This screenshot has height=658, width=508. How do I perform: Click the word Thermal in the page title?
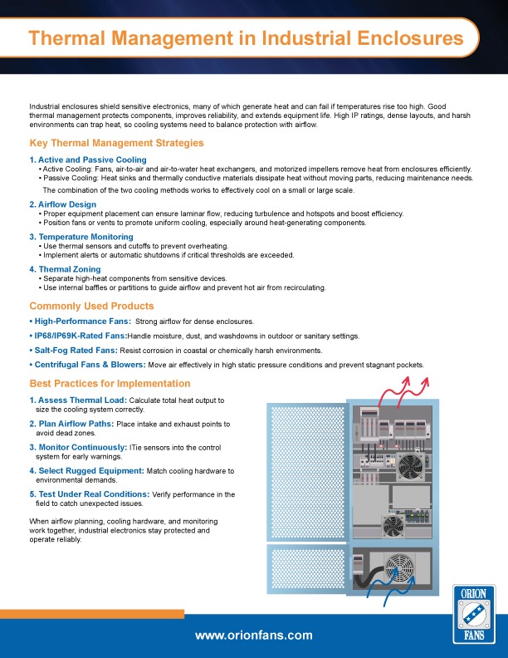pos(71,38)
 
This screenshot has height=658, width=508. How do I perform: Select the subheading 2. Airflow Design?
pos(62,204)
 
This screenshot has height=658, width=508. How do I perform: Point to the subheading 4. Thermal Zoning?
pos(65,269)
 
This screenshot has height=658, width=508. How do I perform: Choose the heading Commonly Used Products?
pos(91,306)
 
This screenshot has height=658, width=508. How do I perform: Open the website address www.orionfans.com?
pos(253,636)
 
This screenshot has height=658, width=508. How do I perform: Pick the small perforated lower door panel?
pos(305,569)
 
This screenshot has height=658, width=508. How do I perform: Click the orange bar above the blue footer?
pos(91,614)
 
